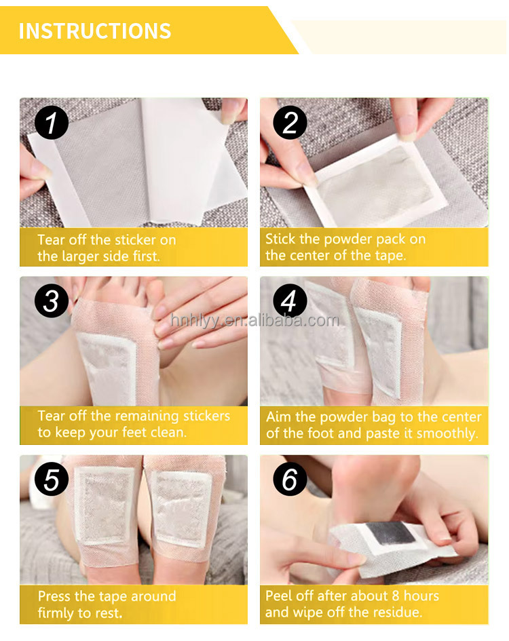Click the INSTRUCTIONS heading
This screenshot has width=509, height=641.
(95, 31)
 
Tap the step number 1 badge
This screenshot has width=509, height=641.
(52, 123)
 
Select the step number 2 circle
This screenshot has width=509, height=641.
(290, 123)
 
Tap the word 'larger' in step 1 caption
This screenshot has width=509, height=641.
(83, 256)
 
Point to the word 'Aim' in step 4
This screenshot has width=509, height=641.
(278, 417)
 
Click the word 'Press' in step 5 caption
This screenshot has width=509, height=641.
(54, 596)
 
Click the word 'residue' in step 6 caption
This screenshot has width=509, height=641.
(396, 613)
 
